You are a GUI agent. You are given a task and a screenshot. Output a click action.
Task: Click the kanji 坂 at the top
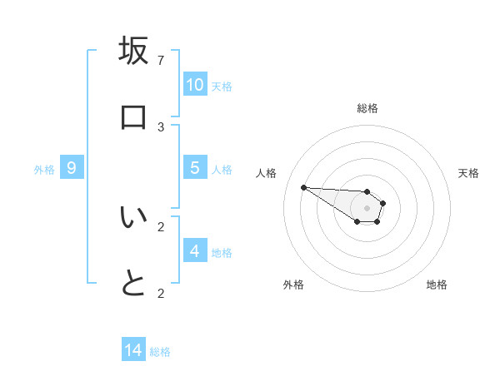(133, 51)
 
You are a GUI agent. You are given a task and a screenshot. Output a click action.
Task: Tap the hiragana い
(133, 217)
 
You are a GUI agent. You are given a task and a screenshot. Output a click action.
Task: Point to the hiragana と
(133, 284)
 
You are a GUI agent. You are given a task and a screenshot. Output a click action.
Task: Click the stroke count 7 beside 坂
(161, 61)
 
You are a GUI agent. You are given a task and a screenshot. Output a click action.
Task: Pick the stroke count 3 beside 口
(161, 127)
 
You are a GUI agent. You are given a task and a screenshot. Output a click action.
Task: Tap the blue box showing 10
(195, 85)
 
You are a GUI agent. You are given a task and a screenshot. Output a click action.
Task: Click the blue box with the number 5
(195, 168)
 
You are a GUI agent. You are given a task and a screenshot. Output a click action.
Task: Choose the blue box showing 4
(195, 250)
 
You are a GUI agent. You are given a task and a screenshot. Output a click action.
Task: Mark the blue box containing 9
(72, 168)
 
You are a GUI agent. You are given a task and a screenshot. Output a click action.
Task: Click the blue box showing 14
(133, 350)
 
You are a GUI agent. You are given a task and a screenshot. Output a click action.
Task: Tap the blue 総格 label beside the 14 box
(160, 352)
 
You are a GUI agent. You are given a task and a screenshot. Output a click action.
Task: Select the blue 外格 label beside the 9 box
(44, 170)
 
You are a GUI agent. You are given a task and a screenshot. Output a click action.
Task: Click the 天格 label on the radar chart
(469, 173)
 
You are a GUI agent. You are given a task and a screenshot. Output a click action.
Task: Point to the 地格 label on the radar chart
(437, 285)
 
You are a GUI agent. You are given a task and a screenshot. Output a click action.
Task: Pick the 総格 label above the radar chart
(367, 108)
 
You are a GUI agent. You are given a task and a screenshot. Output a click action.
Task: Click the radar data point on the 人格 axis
(303, 187)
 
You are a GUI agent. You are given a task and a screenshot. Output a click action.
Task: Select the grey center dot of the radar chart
(367, 208)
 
